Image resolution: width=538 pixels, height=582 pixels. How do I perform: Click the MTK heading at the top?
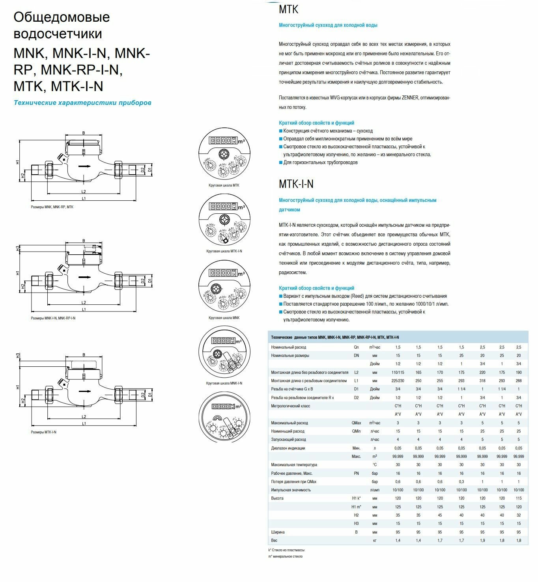(288, 9)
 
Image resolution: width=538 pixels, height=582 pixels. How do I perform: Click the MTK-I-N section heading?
(296, 184)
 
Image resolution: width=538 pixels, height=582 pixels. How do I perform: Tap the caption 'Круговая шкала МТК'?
(224, 185)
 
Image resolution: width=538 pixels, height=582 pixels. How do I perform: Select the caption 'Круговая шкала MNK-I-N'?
(224, 383)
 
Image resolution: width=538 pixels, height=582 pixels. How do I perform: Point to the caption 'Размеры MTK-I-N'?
(43, 432)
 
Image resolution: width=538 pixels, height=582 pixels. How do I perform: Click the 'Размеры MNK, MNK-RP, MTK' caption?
(52, 207)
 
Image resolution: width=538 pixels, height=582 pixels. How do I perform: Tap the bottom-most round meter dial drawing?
(224, 419)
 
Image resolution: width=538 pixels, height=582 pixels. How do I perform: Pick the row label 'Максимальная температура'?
(294, 465)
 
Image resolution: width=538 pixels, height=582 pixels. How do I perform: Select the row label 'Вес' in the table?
(274, 540)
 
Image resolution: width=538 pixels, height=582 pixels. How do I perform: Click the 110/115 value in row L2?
(398, 372)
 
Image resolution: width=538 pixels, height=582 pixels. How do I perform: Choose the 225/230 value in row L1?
(398, 381)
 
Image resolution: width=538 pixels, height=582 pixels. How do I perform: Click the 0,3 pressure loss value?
(461, 481)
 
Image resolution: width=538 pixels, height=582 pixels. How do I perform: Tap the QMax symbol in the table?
(356, 423)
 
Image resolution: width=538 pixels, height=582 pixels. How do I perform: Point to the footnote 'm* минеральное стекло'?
(285, 556)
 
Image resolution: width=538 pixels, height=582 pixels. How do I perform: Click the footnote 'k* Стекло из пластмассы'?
(286, 550)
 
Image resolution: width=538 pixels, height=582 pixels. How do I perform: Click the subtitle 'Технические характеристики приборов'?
(82, 103)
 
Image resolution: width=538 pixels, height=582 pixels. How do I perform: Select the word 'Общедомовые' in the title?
(62, 17)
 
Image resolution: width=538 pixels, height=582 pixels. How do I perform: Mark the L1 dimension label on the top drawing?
(84, 198)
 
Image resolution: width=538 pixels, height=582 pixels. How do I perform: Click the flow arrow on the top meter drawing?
(84, 166)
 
